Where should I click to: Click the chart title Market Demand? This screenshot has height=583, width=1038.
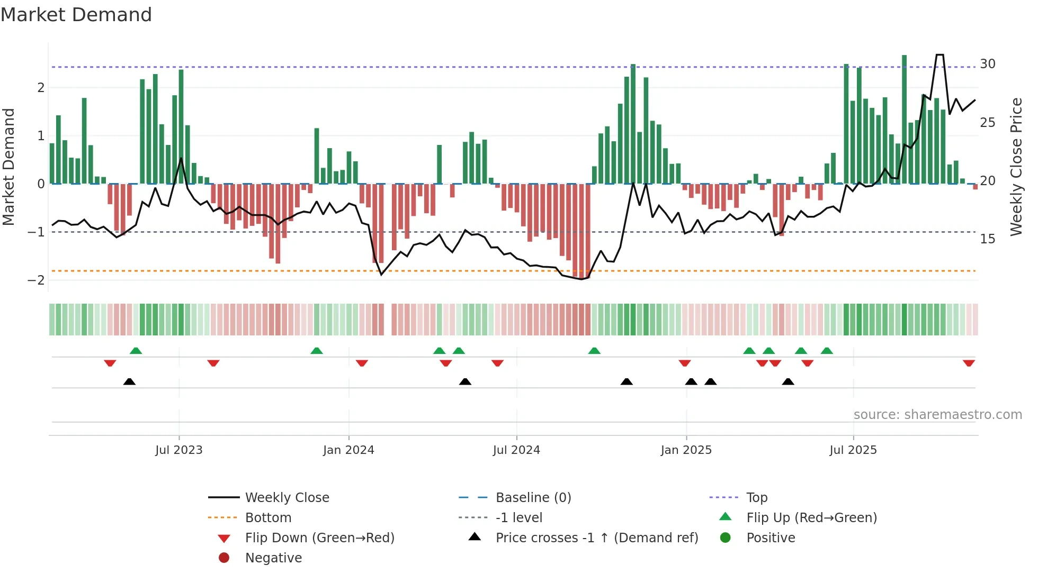coord(76,15)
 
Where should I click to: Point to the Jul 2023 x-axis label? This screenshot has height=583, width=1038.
coord(178,450)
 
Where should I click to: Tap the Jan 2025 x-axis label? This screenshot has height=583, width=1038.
coord(686,450)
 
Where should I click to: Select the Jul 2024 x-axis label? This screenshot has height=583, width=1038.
coord(516,450)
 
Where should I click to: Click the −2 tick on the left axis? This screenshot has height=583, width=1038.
coord(37,280)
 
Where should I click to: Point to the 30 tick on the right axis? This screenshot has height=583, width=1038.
coord(987,64)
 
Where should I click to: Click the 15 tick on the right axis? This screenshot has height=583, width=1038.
coord(987,239)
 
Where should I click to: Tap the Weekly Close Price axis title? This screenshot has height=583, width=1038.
coord(1016,167)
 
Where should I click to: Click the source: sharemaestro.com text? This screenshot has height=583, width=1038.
coord(937,415)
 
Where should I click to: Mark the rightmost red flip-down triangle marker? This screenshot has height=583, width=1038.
coord(969,363)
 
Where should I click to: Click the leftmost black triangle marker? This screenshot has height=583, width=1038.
coord(129,381)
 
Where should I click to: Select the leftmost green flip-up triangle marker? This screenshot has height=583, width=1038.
coord(136,351)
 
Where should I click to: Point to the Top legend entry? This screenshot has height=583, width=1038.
coord(756,498)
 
